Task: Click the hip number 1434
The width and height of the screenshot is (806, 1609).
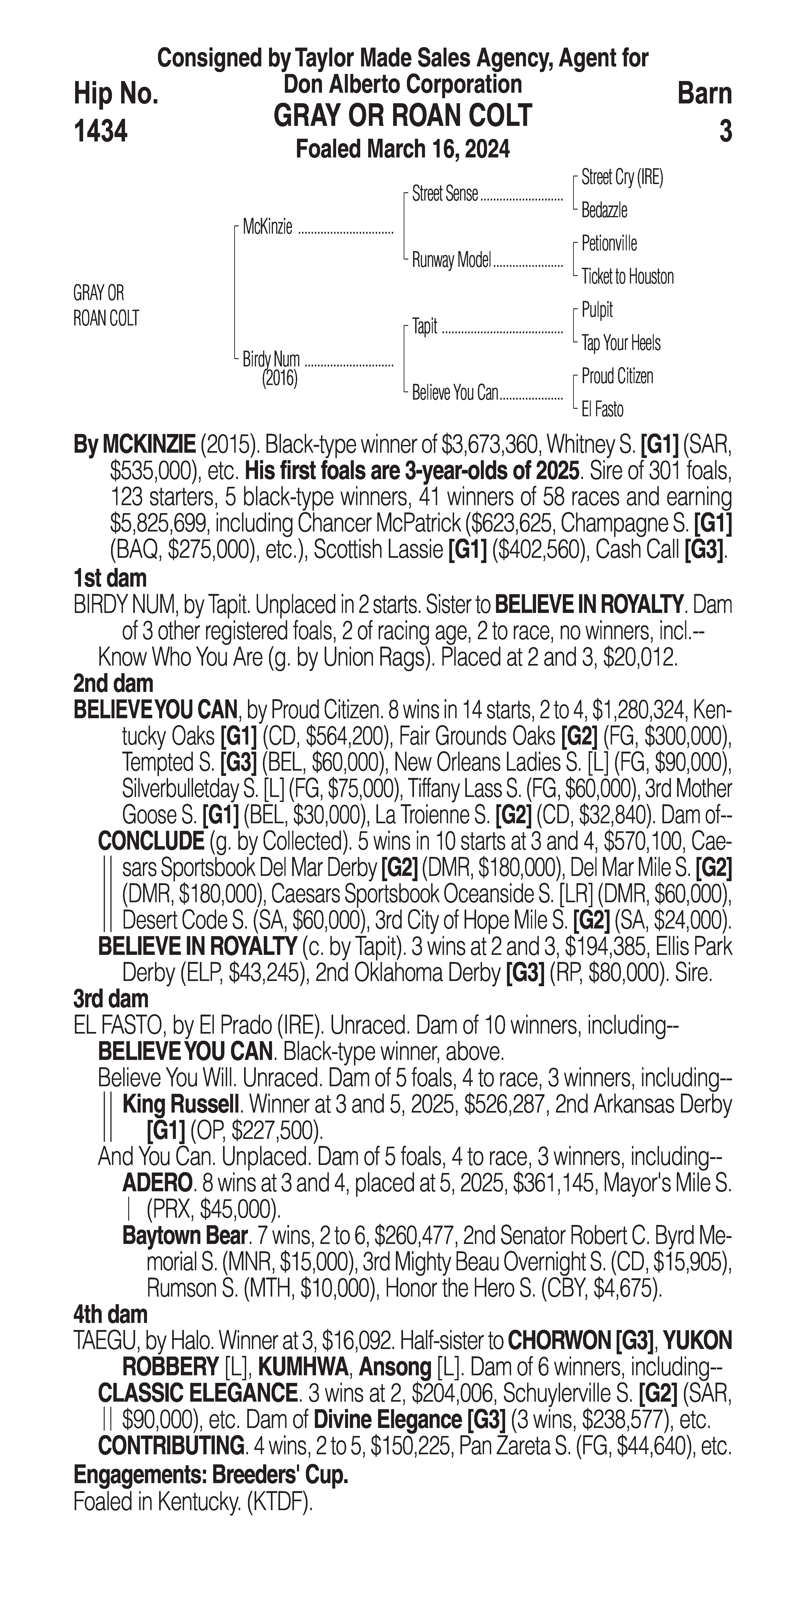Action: point(101,131)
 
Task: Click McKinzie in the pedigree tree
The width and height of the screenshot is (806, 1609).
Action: point(267,227)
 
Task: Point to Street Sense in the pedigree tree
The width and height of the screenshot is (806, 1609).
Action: point(445,194)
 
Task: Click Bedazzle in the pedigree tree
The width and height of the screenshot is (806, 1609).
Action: point(604,211)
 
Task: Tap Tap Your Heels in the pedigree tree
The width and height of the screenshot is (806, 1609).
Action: point(621,343)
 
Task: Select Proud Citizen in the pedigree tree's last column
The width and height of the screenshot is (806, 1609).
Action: point(617,376)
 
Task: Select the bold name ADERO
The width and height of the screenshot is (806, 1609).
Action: point(157,1183)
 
